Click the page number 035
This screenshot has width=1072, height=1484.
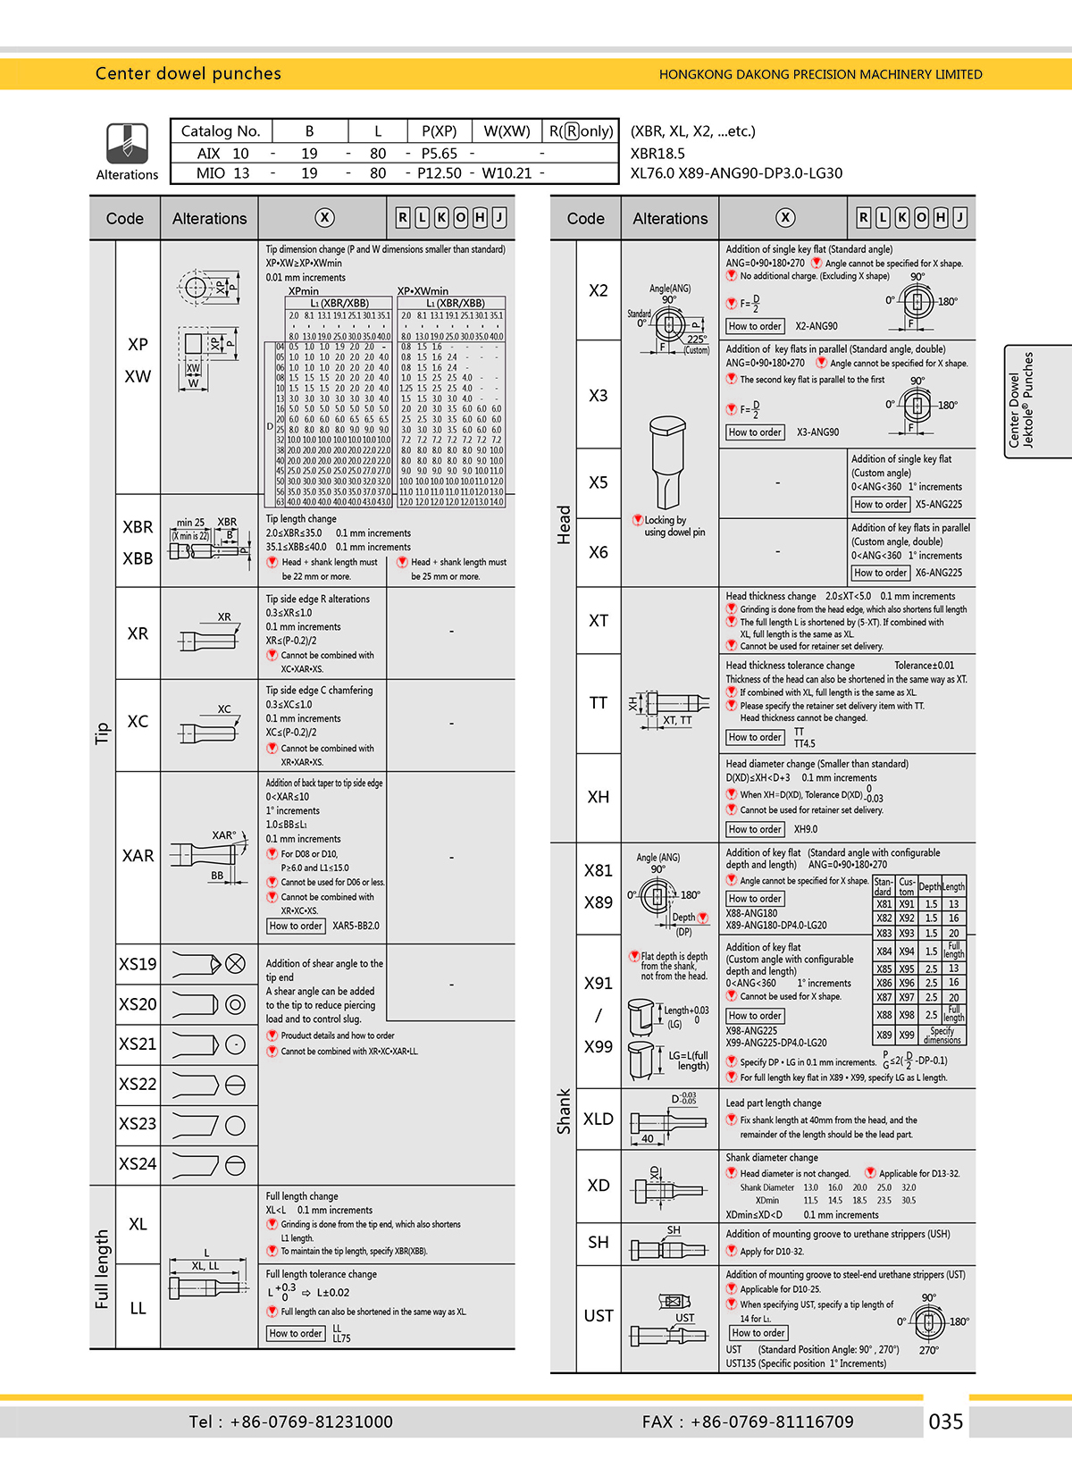[x=946, y=1421]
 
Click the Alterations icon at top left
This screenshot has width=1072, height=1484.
[x=127, y=143]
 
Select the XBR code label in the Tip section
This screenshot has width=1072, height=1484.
[x=138, y=527]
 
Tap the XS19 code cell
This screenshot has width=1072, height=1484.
[x=138, y=964]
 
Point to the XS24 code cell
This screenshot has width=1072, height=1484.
[x=138, y=1163]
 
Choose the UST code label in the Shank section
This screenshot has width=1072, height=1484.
[x=599, y=1315]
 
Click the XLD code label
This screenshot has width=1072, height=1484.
[x=599, y=1119]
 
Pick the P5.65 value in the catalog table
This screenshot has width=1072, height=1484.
[x=440, y=154]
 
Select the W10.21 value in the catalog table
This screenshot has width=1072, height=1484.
[x=507, y=173]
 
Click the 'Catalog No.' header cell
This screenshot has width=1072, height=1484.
[x=221, y=131]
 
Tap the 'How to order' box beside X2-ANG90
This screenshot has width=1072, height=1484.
[x=755, y=326]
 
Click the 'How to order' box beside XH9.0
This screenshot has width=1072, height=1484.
[x=755, y=829]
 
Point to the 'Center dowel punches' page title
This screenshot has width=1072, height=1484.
[x=188, y=73]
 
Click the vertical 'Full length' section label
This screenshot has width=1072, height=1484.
[x=102, y=1269]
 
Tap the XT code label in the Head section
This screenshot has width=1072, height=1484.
[x=599, y=621]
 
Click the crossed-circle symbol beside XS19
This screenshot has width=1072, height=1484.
[x=235, y=963]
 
